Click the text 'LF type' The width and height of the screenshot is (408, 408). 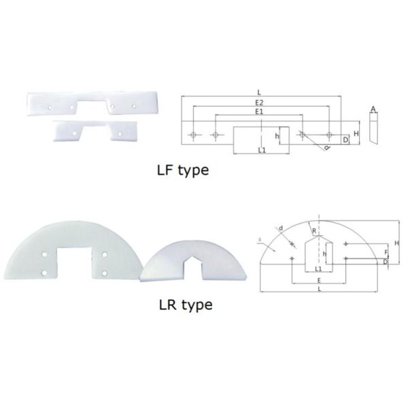[x=183, y=169]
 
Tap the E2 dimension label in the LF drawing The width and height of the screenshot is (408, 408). [x=261, y=103]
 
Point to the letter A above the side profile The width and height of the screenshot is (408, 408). [x=373, y=109]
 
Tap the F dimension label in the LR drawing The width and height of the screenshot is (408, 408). [x=386, y=252]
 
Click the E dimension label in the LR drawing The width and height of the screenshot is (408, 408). [x=319, y=279]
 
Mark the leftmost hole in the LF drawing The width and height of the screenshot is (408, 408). [x=194, y=135]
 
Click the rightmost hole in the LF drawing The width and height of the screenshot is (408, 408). [x=329, y=135]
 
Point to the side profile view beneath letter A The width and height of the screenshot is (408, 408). [x=373, y=129]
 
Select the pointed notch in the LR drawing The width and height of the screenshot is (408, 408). [x=318, y=252]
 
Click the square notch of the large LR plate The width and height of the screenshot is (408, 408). [x=74, y=262]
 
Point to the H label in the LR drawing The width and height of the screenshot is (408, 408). [x=396, y=243]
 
